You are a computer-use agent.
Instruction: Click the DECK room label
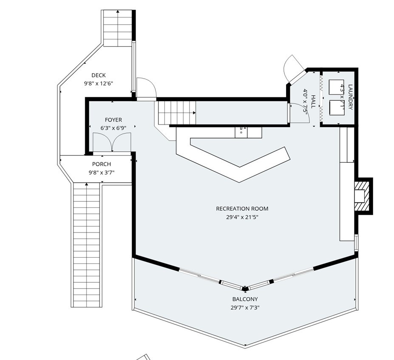pos(98,76)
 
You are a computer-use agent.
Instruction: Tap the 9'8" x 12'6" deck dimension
pos(98,84)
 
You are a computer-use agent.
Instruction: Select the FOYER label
pos(113,120)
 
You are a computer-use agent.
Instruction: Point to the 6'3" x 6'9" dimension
pos(113,128)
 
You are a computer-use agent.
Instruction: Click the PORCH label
pos(101,164)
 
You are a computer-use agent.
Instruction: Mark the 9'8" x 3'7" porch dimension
pos(101,172)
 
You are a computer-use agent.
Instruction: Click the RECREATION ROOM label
pos(242,209)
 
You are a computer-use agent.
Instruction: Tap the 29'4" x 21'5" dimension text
pos(242,217)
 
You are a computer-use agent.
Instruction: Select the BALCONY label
pos(244,299)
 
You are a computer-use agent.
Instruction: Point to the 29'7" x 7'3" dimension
pos(244,307)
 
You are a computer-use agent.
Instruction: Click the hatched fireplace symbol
pos(363,196)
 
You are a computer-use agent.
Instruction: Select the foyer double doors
pos(111,142)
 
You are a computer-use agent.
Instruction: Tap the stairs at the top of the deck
pos(118,28)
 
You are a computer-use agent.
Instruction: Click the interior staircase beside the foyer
pos(176,112)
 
